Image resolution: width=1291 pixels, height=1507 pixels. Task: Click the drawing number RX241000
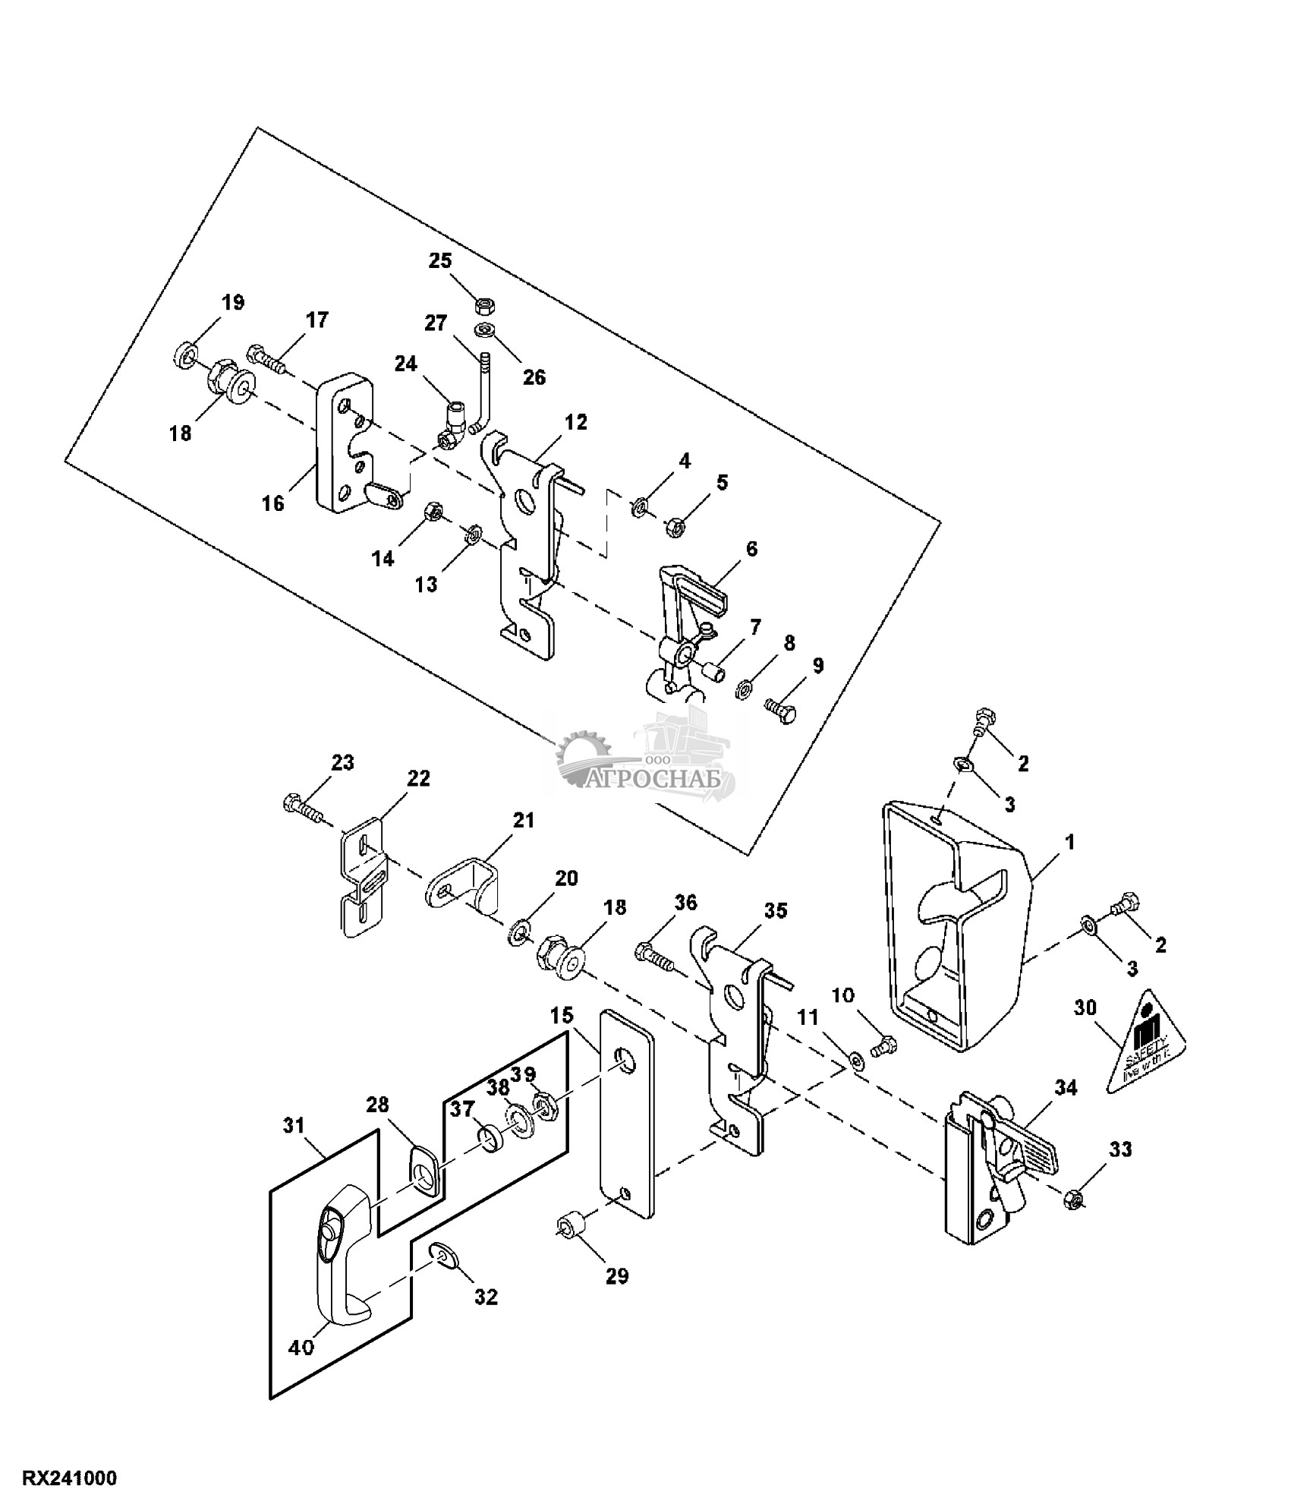click(70, 1479)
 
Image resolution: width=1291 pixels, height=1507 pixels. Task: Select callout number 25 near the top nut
click(440, 261)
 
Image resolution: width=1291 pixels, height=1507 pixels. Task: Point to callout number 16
click(273, 502)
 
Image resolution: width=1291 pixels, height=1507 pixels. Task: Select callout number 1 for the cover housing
click(1069, 842)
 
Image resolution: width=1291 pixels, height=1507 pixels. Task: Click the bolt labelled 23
click(304, 808)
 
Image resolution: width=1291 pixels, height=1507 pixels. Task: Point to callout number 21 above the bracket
click(524, 821)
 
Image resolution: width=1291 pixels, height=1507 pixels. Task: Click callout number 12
click(576, 422)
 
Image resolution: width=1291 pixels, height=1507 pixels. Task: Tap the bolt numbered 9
click(782, 712)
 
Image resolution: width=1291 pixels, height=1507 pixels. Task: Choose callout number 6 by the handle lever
click(751, 549)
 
